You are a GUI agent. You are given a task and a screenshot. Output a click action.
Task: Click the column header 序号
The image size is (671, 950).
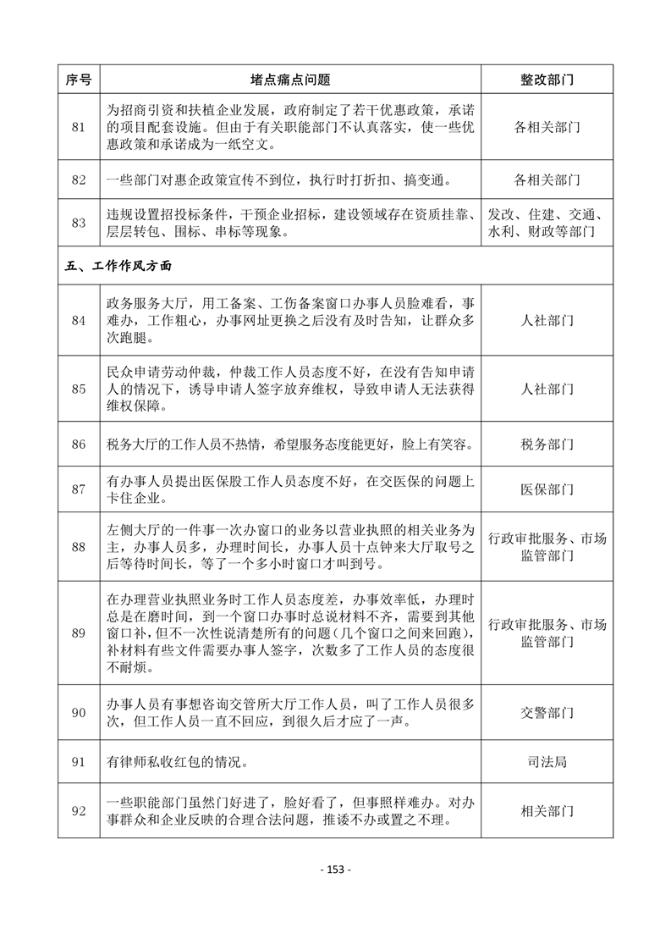pos(79,80)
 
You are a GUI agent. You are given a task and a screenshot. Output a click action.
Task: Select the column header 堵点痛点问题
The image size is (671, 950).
pos(290,80)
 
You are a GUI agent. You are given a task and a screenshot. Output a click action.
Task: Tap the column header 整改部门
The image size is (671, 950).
pos(547,80)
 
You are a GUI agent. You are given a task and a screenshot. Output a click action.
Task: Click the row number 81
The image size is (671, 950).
pos(79,128)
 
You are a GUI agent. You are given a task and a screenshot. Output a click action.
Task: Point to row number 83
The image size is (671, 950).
pos(79,223)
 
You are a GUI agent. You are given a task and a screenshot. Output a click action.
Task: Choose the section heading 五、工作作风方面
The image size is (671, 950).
pos(118,266)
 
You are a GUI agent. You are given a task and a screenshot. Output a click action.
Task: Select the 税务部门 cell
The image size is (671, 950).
pos(547,444)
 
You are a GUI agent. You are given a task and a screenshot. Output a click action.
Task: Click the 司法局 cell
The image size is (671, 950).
pos(547,762)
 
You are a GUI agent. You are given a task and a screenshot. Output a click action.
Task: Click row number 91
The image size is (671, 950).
pos(79,762)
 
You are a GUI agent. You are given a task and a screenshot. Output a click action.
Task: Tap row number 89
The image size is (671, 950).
pos(79,632)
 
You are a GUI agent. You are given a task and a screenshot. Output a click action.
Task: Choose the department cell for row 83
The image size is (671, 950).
pos(547,223)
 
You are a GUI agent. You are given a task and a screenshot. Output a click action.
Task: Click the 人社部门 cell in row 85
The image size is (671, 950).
pos(547,389)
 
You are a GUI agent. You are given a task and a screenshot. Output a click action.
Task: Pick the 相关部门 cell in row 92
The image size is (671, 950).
pos(547,811)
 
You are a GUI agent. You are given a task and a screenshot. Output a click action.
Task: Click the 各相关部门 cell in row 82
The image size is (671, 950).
pos(547,180)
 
